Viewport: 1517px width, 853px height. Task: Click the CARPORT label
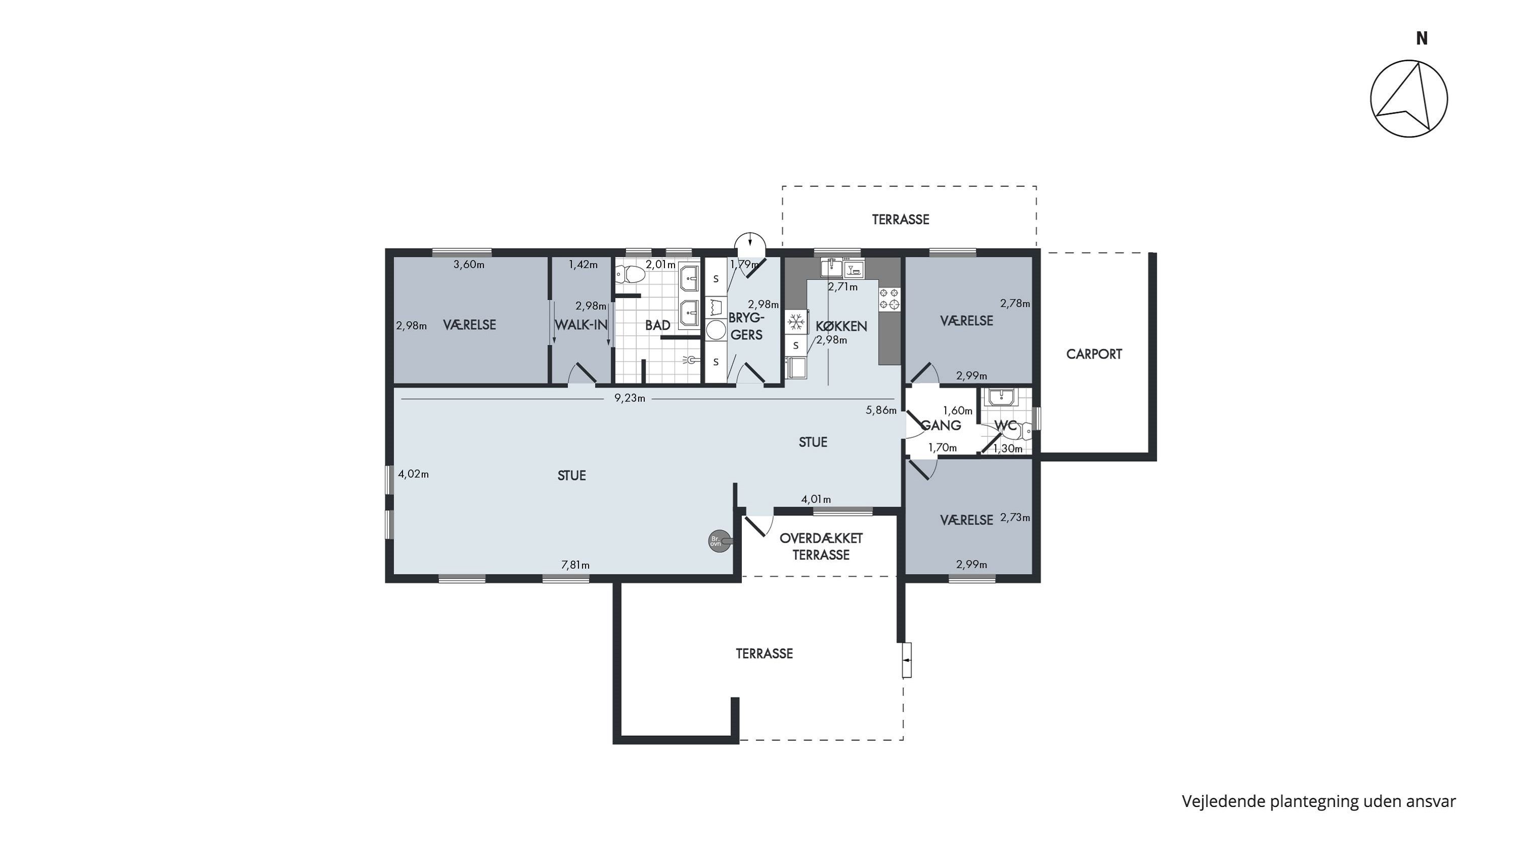(1094, 354)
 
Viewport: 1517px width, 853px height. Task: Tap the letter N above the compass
(1421, 39)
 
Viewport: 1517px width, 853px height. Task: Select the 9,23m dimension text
(630, 398)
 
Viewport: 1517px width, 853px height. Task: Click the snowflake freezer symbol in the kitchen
(796, 322)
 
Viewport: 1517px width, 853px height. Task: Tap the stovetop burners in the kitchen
(889, 298)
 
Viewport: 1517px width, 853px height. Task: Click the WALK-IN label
(581, 325)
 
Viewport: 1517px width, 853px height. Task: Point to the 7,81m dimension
(575, 565)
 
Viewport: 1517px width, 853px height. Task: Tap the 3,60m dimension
(469, 265)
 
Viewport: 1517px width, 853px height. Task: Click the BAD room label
(657, 325)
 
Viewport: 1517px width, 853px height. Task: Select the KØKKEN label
(841, 326)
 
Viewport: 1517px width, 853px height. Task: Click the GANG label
(941, 425)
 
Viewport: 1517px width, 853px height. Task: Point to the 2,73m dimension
(1015, 517)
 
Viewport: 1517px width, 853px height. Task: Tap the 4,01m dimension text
(816, 499)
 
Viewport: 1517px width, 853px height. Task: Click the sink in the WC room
(1001, 397)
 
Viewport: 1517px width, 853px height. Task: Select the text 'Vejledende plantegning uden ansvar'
(1319, 801)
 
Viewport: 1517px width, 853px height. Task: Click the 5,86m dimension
(881, 410)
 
